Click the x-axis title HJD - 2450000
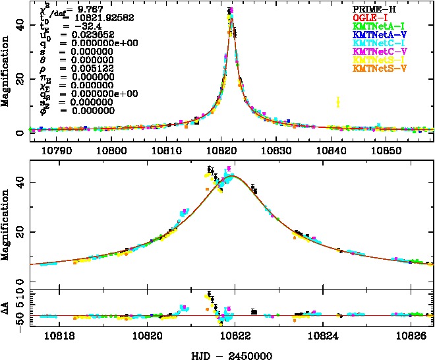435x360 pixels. coord(228,355)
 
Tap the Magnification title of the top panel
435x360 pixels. coord(6,73)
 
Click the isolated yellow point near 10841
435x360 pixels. coord(337,102)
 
